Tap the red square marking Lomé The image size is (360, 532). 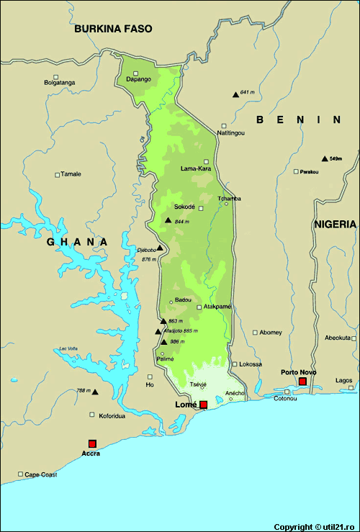pyautogui.click(x=204, y=405)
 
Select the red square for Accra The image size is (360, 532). pyautogui.click(x=91, y=443)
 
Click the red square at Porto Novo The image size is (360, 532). pyautogui.click(x=302, y=381)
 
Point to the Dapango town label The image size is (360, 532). pyautogui.click(x=138, y=78)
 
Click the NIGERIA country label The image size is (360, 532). pyautogui.click(x=335, y=225)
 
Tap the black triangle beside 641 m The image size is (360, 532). pyautogui.click(x=235, y=94)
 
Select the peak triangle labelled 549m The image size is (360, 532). pyautogui.click(x=324, y=159)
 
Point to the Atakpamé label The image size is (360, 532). pyautogui.click(x=217, y=306)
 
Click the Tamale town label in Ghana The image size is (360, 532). pyautogui.click(x=71, y=174)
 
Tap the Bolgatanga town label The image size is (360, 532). pyautogui.click(x=60, y=83)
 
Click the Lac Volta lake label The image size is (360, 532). pyautogui.click(x=68, y=348)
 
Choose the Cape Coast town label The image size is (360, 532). pyautogui.click(x=40, y=475)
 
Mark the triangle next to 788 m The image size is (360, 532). pyautogui.click(x=94, y=392)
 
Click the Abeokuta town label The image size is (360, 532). pyautogui.click(x=338, y=338)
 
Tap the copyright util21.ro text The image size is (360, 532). pyautogui.click(x=315, y=527)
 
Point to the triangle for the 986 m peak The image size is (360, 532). pyautogui.click(x=164, y=342)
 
